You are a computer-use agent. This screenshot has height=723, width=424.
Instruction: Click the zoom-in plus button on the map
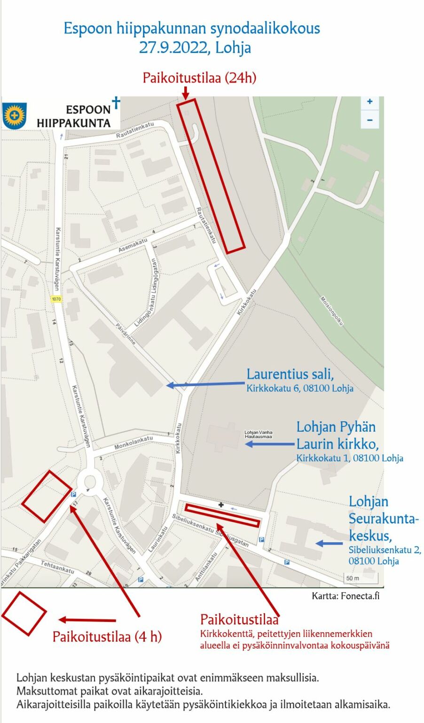click(x=369, y=102)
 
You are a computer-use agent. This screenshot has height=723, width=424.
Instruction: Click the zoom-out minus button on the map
click(x=369, y=120)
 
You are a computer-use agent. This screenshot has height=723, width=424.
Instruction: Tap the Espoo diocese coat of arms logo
click(x=15, y=115)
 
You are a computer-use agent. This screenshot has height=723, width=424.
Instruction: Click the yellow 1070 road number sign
click(x=56, y=299)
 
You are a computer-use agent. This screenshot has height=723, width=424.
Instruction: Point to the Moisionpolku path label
click(x=332, y=311)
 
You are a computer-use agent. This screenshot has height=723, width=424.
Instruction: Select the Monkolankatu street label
click(x=134, y=442)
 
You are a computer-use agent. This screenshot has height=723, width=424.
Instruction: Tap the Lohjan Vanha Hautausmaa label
click(x=258, y=434)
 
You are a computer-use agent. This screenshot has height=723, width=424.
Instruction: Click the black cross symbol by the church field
click(x=221, y=505)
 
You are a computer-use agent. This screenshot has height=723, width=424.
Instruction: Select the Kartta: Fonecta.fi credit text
click(x=345, y=596)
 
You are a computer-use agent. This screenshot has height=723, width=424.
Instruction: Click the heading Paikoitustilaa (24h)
click(x=199, y=78)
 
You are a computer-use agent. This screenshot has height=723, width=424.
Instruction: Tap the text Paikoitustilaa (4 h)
click(x=107, y=636)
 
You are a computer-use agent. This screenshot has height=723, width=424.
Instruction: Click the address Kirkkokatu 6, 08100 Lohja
click(x=300, y=388)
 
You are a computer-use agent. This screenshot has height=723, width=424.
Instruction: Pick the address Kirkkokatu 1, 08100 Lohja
click(x=349, y=458)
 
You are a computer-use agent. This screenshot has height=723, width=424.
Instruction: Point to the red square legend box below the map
click(x=24, y=613)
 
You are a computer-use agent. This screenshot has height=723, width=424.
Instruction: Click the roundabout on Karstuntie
click(x=89, y=482)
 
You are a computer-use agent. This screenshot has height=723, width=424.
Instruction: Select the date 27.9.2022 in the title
click(x=174, y=48)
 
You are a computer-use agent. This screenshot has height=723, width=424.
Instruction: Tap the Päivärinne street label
click(x=126, y=334)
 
